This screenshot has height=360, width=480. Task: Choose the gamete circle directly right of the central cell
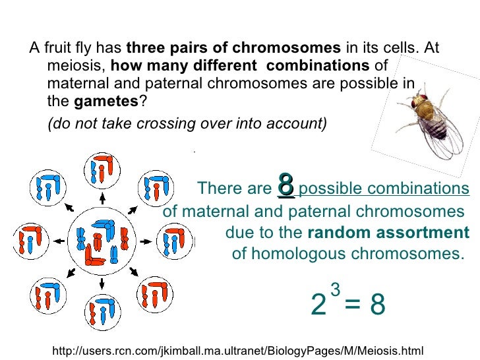(x=173, y=241)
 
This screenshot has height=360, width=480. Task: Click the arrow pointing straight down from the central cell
(x=102, y=284)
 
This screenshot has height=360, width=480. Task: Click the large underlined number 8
(x=285, y=185)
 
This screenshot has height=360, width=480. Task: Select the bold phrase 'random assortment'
(x=388, y=233)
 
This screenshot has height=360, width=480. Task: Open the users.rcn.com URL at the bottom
(x=237, y=350)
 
